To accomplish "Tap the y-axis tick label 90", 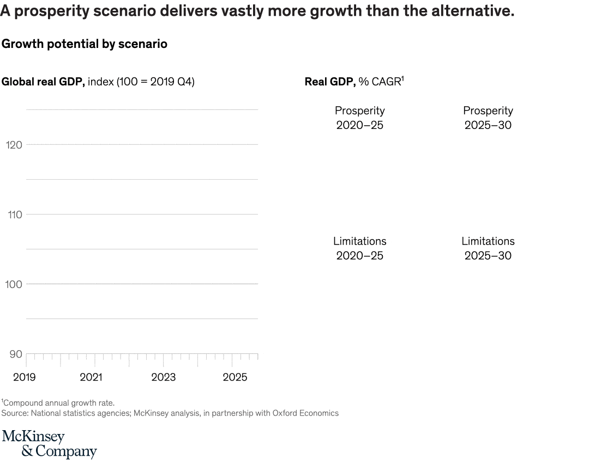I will [16, 354].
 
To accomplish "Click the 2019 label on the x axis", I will [24, 377].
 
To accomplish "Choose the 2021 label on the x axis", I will [91, 377].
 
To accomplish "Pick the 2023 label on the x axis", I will [163, 377].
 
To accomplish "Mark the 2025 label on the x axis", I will [235, 377].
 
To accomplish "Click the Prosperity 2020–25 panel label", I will [359, 118].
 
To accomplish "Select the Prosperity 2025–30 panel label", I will [488, 118].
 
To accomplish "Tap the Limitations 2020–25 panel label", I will [359, 248].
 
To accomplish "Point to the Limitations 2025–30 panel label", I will [488, 248].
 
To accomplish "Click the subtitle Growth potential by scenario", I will [85, 44].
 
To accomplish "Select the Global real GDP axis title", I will [43, 82].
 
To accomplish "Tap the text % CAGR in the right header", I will [380, 82].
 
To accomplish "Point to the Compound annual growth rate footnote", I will [59, 403].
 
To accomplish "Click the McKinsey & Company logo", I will [49, 444].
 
